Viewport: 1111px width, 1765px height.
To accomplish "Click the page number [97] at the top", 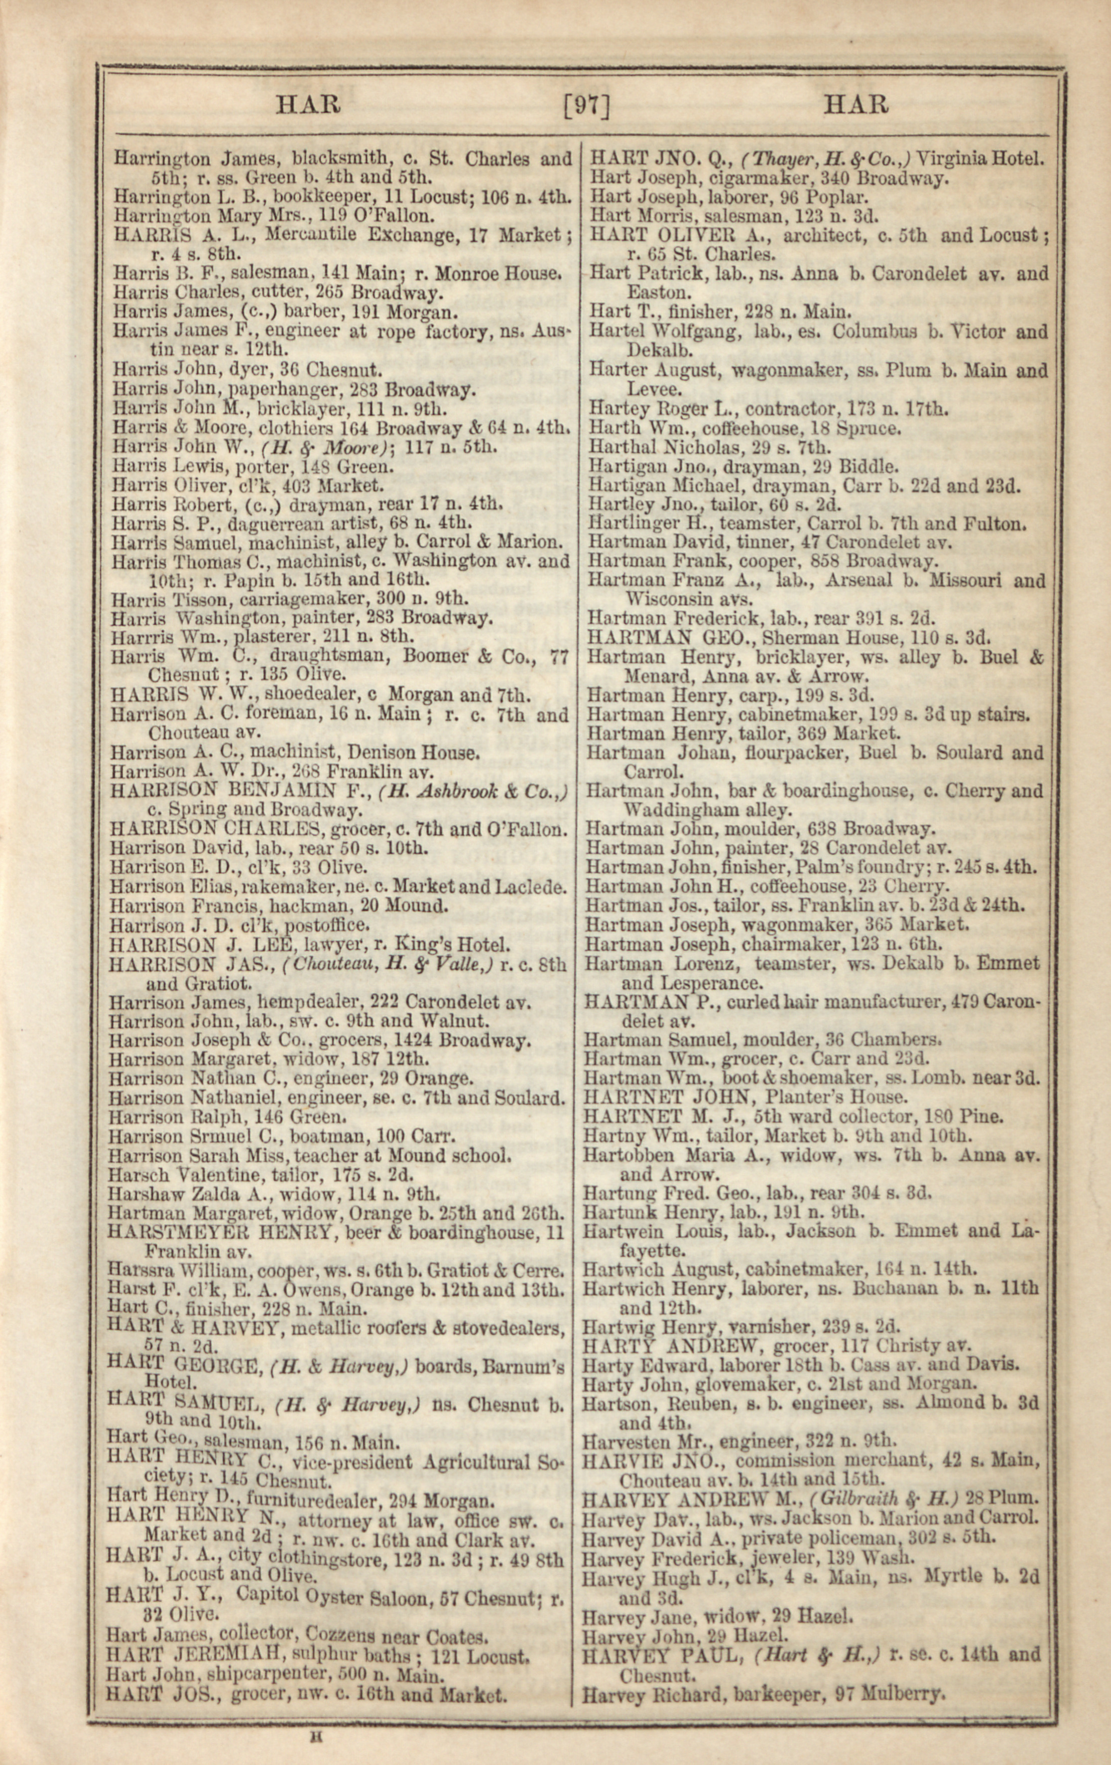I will point(586,107).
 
